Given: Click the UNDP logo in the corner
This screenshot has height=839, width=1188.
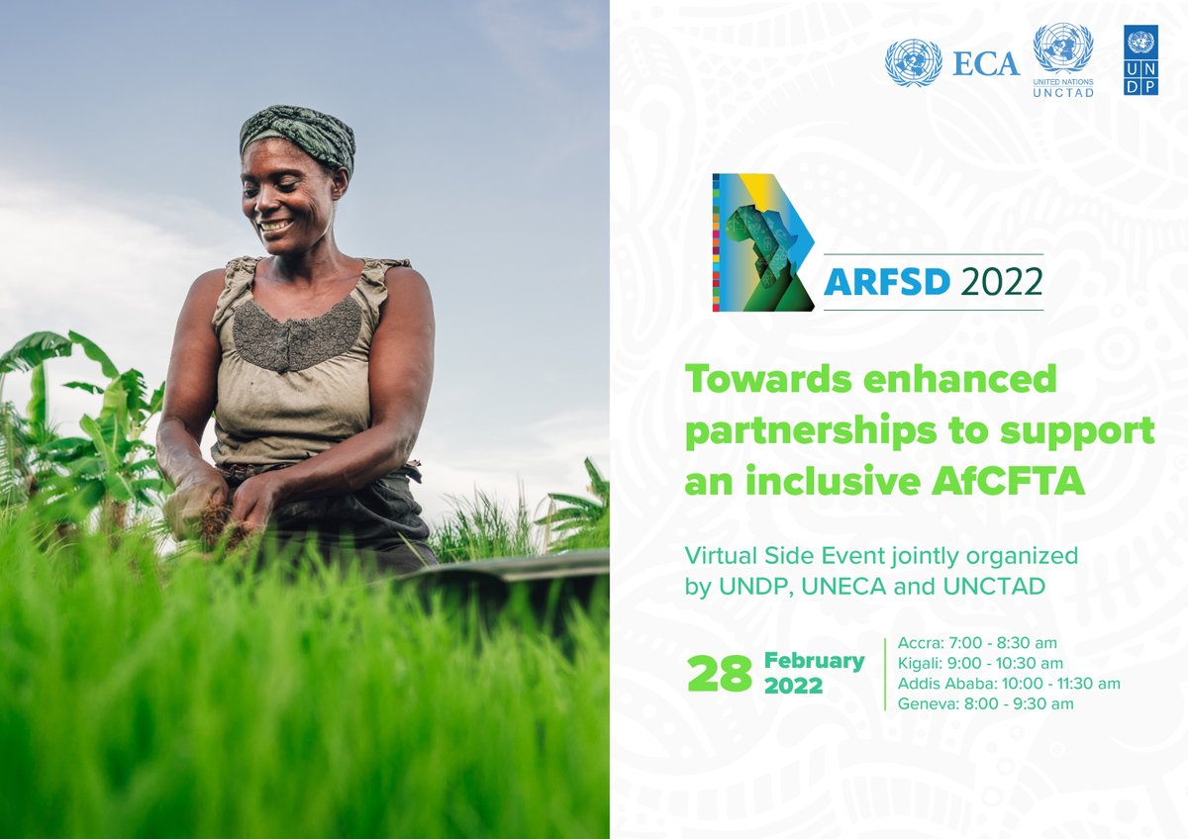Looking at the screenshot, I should point(1140,60).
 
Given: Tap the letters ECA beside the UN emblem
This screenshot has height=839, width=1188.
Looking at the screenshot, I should point(985,64).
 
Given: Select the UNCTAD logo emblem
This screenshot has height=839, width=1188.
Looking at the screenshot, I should point(1062,48).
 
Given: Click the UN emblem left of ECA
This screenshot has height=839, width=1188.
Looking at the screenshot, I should point(913,63).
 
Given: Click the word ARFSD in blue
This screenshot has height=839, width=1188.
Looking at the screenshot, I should point(886,282).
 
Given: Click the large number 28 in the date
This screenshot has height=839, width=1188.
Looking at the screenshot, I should point(719,674).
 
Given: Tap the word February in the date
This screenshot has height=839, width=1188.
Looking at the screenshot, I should point(814,660).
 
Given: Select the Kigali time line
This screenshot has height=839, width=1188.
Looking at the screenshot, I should point(980,663).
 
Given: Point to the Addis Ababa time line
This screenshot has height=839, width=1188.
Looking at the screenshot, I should point(1008,684).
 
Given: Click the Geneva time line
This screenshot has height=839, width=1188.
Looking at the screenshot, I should point(985,704).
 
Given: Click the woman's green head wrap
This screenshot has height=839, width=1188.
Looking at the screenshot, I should point(296,134).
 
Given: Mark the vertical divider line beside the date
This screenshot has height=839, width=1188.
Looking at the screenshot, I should point(884,673).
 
